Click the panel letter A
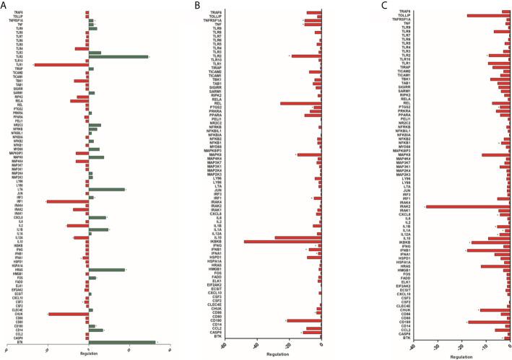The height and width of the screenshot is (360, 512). pos(4,5)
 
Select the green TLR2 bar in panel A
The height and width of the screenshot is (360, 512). pos(118,57)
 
